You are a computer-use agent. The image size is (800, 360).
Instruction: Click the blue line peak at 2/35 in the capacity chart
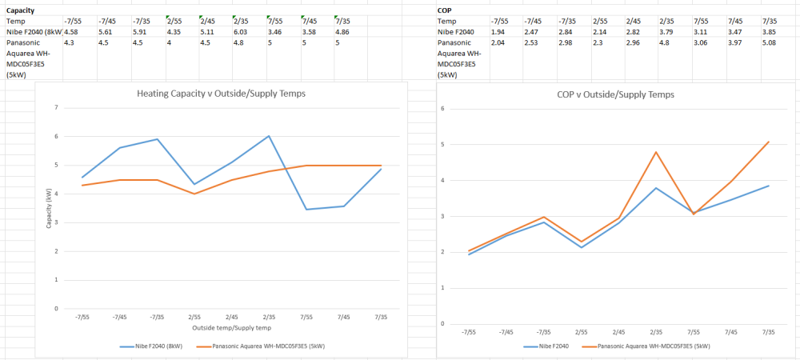pos(269,136)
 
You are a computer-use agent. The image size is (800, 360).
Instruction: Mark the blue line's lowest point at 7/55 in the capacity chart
pos(306,210)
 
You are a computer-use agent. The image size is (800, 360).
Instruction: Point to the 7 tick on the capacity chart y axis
pos(56,107)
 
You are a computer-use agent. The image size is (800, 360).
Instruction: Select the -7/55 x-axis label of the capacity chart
pos(82,317)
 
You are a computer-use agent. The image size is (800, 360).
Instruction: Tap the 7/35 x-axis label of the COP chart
pos(768,331)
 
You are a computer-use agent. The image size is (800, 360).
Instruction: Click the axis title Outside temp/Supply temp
pos(231,327)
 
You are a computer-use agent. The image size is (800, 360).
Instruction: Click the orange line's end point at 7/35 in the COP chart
pos(767,142)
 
